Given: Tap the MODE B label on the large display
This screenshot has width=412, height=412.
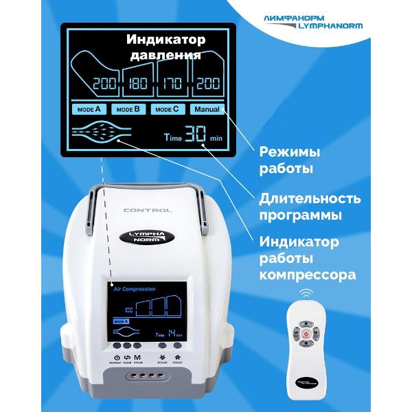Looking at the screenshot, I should (128, 109).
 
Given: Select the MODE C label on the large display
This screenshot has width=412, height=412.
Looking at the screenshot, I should (167, 109).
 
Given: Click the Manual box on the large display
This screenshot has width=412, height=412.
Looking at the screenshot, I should (207, 109).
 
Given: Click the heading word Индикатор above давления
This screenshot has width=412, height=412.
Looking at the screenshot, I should (163, 39).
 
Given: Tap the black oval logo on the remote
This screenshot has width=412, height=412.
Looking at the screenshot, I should (306, 380).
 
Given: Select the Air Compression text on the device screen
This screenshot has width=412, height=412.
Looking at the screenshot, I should (135, 289).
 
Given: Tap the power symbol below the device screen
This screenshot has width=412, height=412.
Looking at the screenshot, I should (117, 357).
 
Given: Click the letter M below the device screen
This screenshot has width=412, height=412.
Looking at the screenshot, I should (137, 357).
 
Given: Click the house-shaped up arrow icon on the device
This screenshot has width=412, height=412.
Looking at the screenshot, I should (178, 357).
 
